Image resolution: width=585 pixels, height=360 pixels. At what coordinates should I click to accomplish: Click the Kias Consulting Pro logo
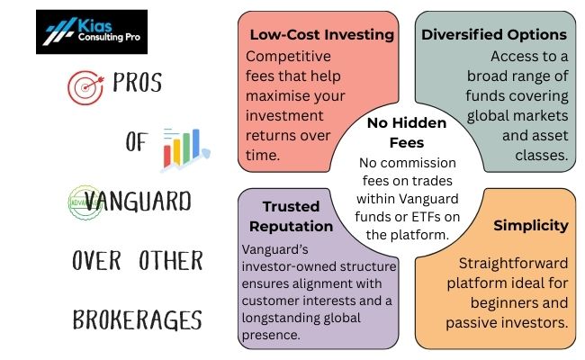(x=94, y=31)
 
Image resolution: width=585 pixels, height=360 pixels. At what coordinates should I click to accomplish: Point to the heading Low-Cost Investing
(x=321, y=35)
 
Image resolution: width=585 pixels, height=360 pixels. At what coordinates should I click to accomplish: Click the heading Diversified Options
(x=494, y=35)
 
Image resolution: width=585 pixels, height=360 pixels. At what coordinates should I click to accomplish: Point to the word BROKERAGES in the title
(x=136, y=319)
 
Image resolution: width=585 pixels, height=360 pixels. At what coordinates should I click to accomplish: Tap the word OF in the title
(x=137, y=144)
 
